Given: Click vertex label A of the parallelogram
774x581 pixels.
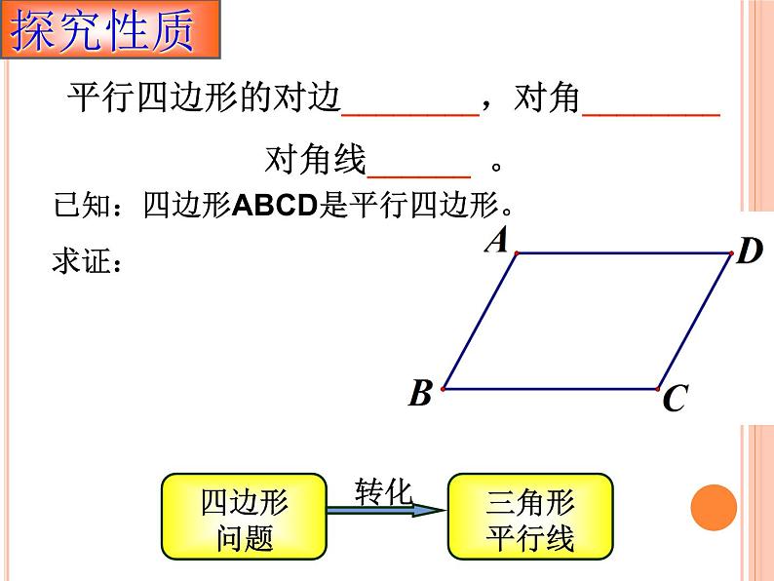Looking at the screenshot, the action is [498, 239].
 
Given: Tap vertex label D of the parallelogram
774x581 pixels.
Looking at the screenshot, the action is [749, 252].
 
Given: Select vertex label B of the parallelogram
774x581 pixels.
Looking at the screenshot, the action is [420, 394].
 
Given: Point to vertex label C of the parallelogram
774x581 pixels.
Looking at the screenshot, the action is [675, 399].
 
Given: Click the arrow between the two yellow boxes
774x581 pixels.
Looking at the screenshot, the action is [386, 508].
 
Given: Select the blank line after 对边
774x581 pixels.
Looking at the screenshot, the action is [410, 114].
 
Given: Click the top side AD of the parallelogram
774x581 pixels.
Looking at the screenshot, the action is [624, 253].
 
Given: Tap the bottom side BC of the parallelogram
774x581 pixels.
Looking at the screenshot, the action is [551, 389].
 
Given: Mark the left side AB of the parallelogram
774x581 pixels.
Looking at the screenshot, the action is [480, 321].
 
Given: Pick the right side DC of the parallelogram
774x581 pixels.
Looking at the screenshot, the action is [695, 322].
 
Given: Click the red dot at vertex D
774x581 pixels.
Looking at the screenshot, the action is [731, 253].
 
